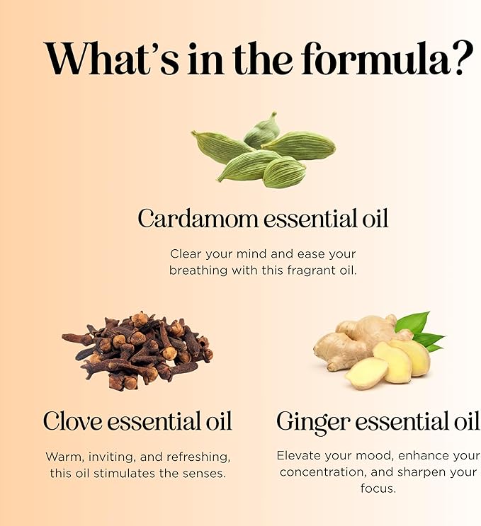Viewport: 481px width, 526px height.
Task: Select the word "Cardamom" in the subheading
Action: [198, 219]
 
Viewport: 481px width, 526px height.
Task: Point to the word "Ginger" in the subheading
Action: [313, 421]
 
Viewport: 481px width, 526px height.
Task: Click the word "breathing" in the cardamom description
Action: [198, 270]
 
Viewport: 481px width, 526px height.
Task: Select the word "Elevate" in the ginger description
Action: [300, 455]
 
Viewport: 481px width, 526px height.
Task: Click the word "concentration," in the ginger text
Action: [320, 471]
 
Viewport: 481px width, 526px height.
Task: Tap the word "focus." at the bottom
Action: [378, 488]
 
